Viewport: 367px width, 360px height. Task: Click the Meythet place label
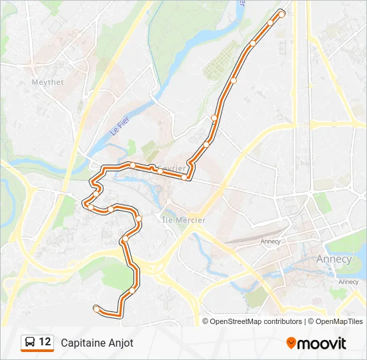47,83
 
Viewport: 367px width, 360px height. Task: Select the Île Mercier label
184,219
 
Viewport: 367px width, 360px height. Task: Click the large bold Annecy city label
334,259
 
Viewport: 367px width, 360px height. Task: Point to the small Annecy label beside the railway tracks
271,241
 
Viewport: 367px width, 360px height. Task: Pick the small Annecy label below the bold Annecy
348,281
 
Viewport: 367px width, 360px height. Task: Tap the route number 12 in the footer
45,342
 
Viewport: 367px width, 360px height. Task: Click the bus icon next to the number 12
30,343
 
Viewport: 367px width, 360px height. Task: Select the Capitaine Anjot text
97,343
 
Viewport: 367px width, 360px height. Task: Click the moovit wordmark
322,343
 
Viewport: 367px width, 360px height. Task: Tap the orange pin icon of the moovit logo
291,343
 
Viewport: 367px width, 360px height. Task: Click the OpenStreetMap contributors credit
256,321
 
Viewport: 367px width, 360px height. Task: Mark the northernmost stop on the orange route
282,14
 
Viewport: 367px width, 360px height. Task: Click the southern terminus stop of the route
97,308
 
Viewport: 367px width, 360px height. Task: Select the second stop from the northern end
270,23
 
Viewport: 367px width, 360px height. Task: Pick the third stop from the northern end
253,44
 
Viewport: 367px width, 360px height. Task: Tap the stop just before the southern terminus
132,290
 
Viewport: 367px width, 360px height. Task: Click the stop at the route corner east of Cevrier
185,177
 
